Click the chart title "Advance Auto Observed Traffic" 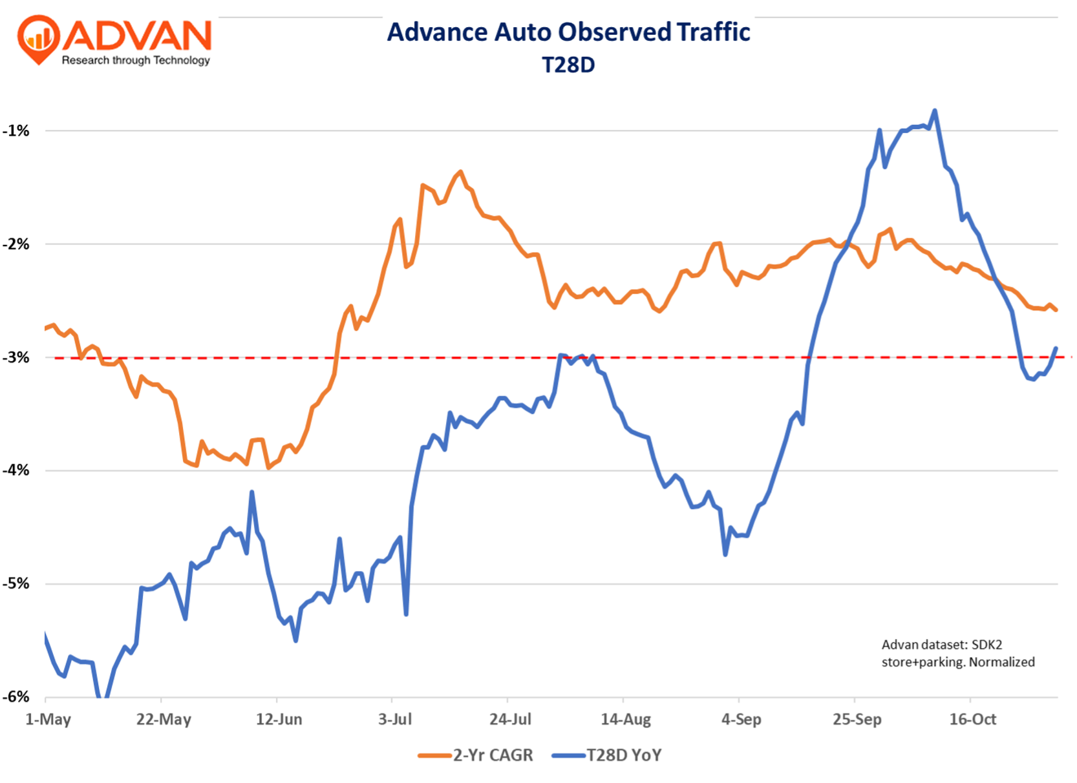[568, 32]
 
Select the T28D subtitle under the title [568, 65]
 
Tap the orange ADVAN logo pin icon [38, 39]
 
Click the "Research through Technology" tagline [136, 60]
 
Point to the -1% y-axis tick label [16, 131]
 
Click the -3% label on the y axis [16, 357]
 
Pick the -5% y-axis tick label [16, 584]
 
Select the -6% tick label [16, 697]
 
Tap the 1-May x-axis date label [48, 719]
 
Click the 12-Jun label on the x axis [279, 719]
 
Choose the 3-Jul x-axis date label [394, 719]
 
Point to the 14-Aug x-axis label [625, 719]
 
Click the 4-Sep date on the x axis [741, 719]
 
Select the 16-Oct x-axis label [972, 719]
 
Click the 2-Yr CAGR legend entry [476, 755]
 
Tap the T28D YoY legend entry [607, 755]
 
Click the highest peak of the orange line [460, 172]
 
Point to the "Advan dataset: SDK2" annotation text [941, 645]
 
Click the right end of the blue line [1056, 349]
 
